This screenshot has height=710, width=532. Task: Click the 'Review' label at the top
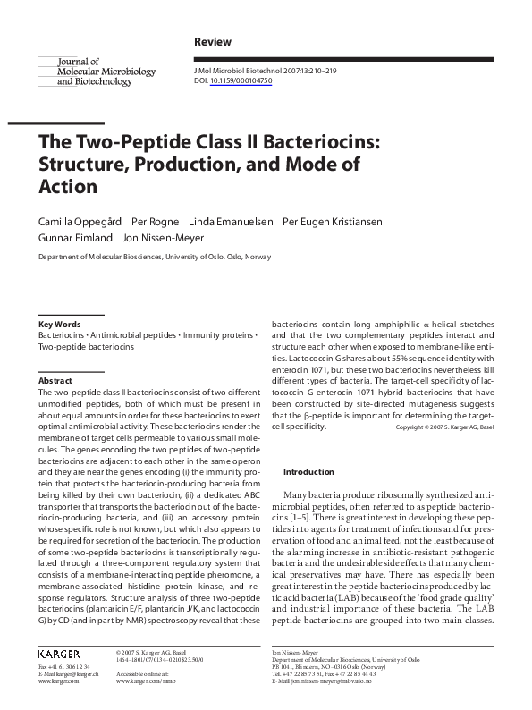213,42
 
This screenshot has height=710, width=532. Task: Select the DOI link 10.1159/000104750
241,80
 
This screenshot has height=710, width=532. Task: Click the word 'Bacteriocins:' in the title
308,143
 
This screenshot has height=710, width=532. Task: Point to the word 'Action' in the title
66,187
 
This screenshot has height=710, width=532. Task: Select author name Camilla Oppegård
75,221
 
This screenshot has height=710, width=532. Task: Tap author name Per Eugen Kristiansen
335,221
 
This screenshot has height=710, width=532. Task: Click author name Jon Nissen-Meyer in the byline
164,238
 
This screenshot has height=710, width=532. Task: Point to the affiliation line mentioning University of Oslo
154,257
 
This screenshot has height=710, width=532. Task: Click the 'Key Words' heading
59,324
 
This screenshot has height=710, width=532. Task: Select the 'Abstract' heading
55,380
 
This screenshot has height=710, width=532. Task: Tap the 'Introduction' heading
308,471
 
